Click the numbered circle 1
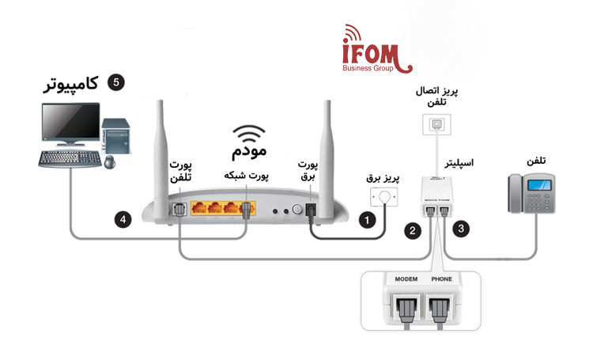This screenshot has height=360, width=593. coord(367,221)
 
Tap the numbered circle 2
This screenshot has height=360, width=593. coord(412,231)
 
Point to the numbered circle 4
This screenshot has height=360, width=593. coord(121,220)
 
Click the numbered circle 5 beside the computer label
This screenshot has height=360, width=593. coord(115,82)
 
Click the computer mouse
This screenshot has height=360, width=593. coord(108,162)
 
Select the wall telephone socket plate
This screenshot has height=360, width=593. coord(437,123)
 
